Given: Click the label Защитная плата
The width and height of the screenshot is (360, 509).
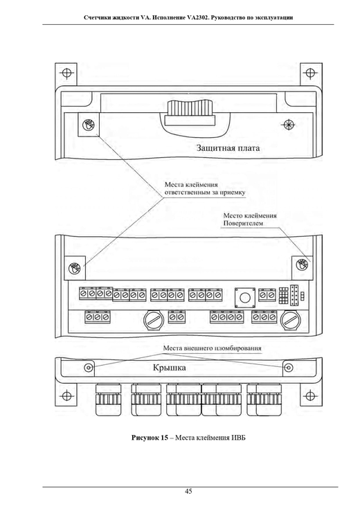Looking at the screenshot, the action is (x=228, y=148).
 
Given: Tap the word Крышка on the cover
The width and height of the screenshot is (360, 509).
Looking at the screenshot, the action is (x=170, y=368).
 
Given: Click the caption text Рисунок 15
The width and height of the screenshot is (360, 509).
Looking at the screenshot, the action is (x=150, y=438).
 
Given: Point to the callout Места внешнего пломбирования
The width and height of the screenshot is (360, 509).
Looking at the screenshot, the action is (x=212, y=348).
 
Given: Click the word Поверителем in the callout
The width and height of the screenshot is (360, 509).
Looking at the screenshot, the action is (x=243, y=223).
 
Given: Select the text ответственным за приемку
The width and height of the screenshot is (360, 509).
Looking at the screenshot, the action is (x=205, y=193).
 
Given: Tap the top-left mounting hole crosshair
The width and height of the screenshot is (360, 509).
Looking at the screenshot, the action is (x=66, y=73).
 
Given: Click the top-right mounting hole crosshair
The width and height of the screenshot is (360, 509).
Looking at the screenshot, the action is (x=310, y=73).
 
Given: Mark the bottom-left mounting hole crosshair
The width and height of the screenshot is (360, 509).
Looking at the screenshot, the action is (x=66, y=395).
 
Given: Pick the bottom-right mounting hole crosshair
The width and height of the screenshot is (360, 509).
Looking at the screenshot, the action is (x=310, y=395).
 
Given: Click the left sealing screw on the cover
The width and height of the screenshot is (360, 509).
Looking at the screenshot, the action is (x=89, y=368).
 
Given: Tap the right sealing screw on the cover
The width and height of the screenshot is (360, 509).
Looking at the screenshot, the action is (x=288, y=368).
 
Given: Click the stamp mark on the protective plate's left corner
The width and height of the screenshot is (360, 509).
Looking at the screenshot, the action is (x=88, y=124).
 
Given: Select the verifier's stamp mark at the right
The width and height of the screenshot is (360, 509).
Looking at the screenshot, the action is (x=303, y=265).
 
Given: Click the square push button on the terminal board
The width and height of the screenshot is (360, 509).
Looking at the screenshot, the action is (x=245, y=297).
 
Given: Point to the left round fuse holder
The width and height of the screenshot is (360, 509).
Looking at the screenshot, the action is (x=153, y=321).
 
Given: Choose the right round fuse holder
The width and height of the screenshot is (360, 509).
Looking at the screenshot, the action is (x=291, y=321).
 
